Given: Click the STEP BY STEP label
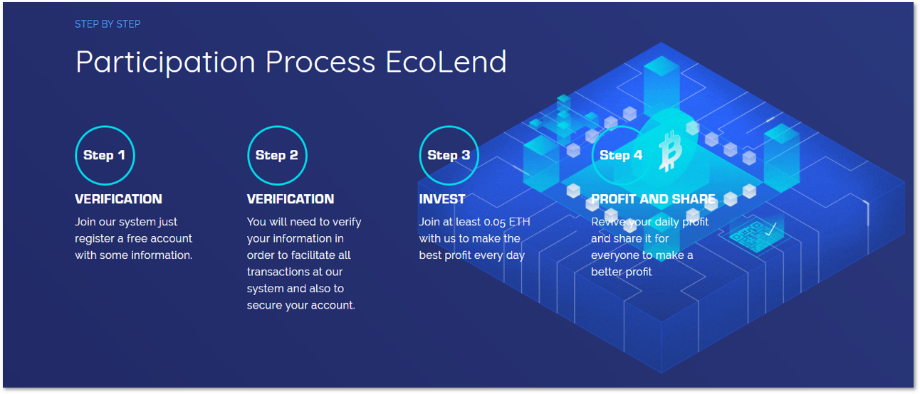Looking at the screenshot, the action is [108, 24].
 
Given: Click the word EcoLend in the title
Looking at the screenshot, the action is [446, 62].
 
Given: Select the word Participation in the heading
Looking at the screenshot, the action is [165, 63].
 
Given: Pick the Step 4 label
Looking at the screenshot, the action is [621, 155].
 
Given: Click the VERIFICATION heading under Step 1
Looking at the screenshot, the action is [118, 199].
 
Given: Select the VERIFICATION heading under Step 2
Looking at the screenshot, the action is [291, 199].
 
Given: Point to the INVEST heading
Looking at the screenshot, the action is [442, 199].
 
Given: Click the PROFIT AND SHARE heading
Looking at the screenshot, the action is [653, 199].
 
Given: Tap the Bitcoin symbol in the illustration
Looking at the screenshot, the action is [670, 151].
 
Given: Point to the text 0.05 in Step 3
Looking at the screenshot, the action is [494, 222].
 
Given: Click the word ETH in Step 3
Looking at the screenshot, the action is [520, 222].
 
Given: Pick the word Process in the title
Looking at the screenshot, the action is [320, 62].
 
